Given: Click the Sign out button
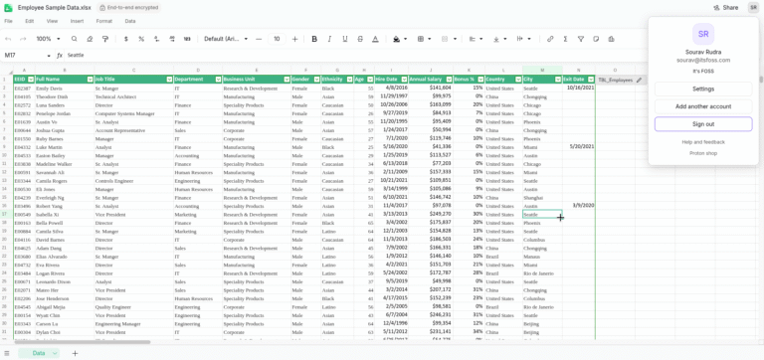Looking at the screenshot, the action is tap(703, 124).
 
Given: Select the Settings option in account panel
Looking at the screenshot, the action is tap(703, 89).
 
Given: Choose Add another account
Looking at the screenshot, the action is tap(703, 106).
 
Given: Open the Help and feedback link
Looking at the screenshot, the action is tap(703, 142).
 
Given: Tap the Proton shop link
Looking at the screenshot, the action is tap(703, 153).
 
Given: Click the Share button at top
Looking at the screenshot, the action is tap(725, 7).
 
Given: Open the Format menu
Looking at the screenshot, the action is tap(103, 21).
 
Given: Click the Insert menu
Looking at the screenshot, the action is tap(77, 21).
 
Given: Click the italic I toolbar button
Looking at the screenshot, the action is tap(330, 39).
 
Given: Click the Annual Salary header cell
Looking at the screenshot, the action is tap(425, 80).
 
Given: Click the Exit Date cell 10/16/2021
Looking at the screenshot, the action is tap(580, 88).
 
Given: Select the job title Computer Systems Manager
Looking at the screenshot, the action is tap(124, 113).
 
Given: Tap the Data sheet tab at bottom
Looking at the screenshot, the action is tap(39, 353).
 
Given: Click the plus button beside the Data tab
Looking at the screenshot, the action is tap(75, 353).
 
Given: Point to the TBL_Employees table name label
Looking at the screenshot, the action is tap(616, 80).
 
